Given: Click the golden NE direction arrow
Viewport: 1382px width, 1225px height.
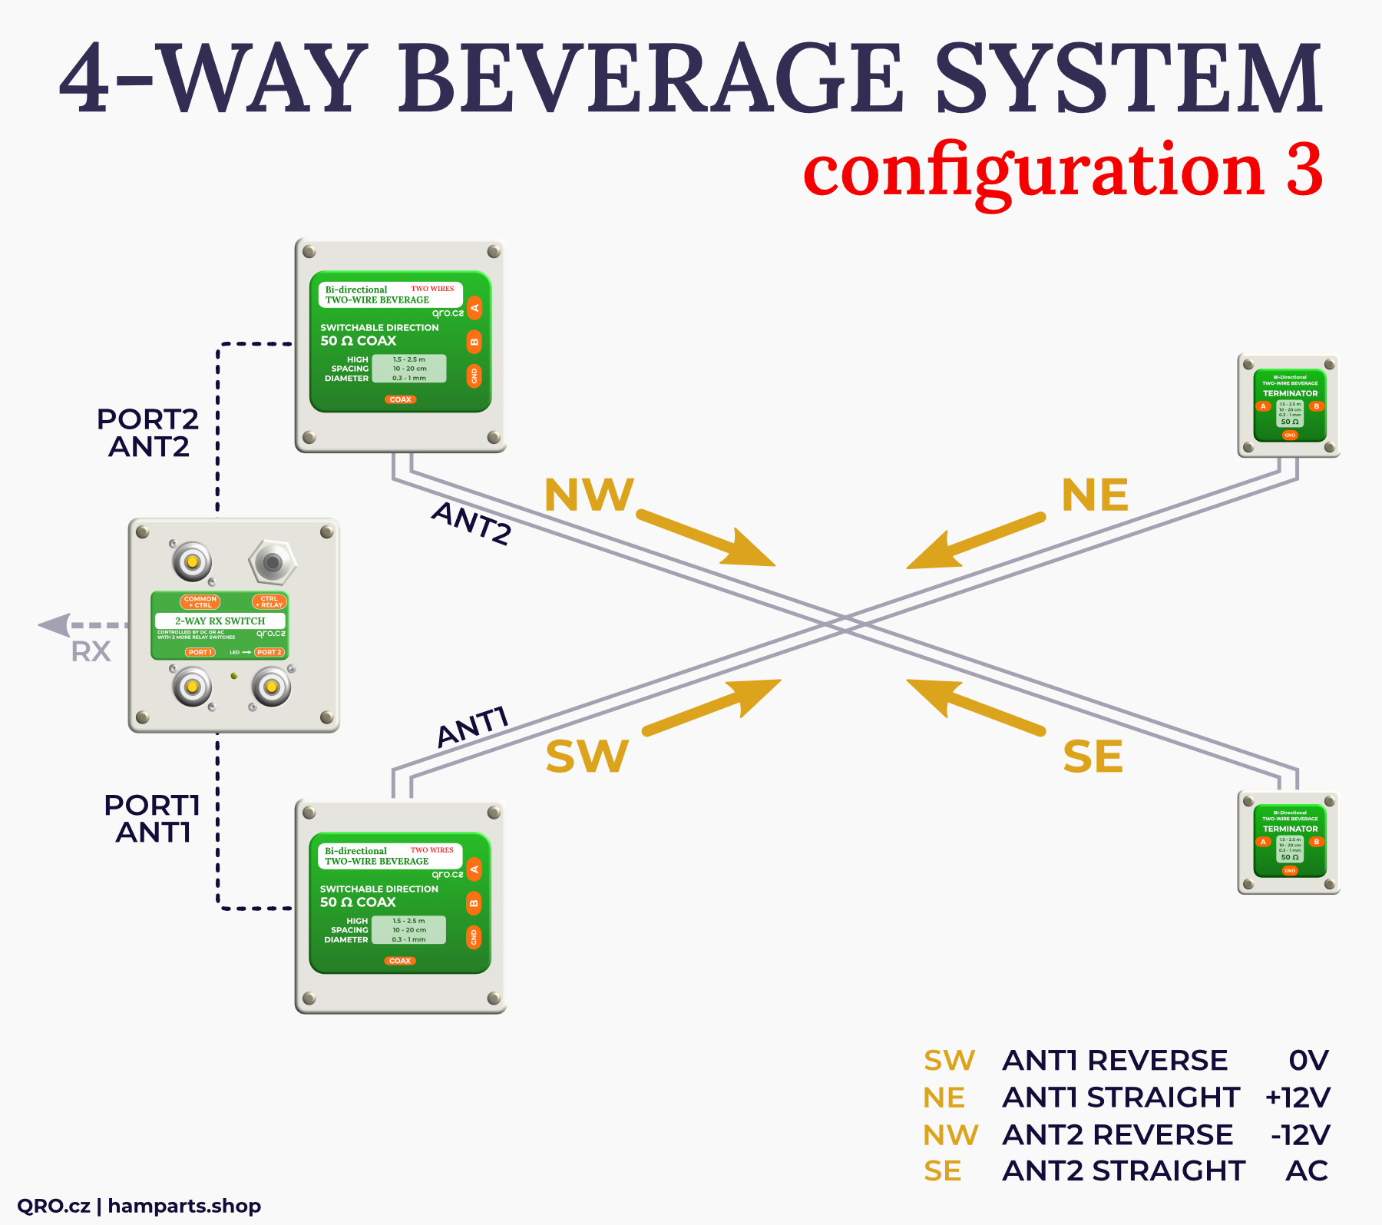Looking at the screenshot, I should (975, 542).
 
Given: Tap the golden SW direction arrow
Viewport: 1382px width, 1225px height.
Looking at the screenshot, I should (711, 706).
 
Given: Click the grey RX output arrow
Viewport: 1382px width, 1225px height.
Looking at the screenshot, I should (77, 625).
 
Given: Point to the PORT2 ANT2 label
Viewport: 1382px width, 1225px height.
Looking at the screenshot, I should (148, 433).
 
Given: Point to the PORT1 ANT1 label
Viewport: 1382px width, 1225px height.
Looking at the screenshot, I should (152, 819).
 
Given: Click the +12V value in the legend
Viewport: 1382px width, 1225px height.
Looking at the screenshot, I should (1298, 1098).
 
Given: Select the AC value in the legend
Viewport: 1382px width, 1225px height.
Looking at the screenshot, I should (1307, 1171).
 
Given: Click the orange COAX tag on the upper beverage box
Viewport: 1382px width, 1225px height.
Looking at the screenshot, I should (400, 399).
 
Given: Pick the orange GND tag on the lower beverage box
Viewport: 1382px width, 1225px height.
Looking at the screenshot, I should (474, 937).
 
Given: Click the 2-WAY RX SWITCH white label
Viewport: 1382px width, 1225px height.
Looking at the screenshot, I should (220, 621).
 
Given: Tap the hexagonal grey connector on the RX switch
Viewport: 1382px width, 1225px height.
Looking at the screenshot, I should (272, 562).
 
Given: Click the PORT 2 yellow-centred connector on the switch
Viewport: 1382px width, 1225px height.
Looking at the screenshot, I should (271, 687).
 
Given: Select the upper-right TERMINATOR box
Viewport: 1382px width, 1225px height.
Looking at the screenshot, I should (1289, 406).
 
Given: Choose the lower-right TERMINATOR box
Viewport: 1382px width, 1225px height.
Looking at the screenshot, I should (1289, 843).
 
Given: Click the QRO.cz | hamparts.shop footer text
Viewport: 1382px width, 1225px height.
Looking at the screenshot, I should (139, 1206).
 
